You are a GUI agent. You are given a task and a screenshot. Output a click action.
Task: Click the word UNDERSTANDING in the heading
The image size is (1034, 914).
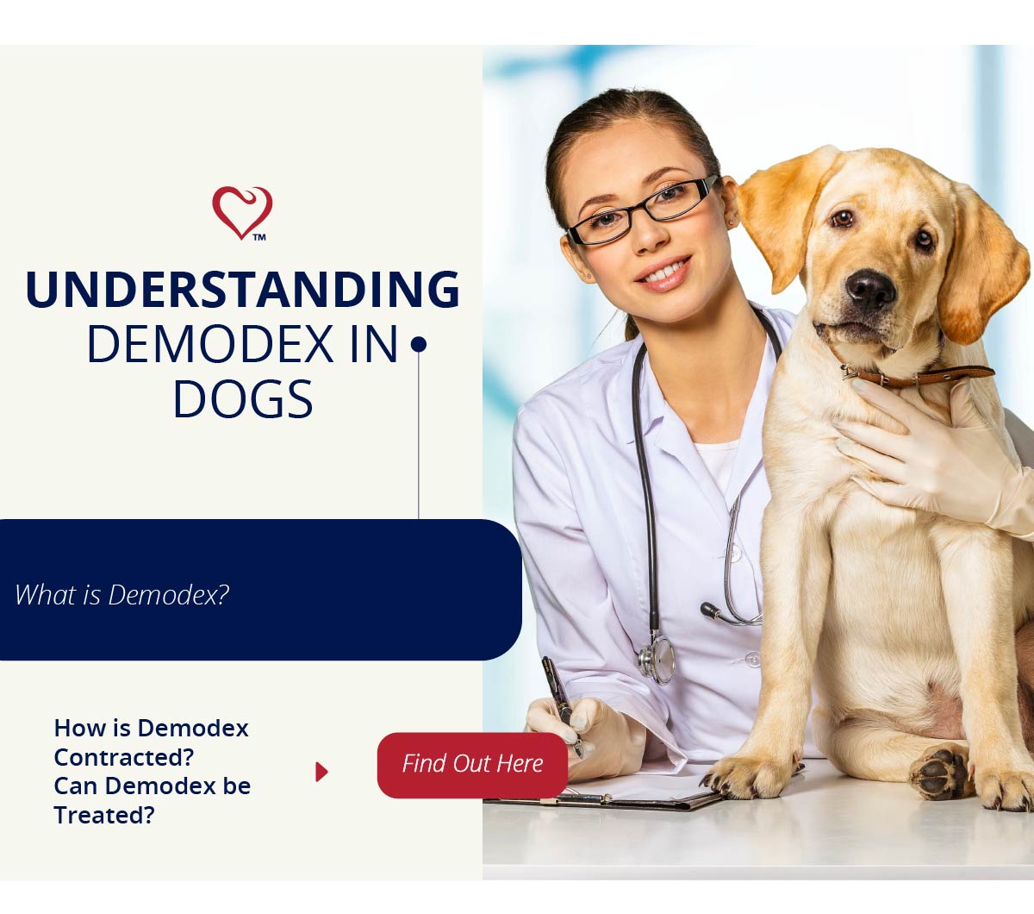click(243, 290)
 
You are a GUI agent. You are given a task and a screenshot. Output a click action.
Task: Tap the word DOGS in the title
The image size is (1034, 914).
click(243, 399)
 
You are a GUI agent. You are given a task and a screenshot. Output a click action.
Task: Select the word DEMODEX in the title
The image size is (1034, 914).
click(210, 344)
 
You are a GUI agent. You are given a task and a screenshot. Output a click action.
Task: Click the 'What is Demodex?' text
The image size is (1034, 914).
click(122, 595)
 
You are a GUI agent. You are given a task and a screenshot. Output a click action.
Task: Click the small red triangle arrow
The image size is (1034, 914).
click(321, 772)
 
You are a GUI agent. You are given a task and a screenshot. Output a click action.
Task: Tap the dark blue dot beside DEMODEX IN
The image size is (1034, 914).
click(419, 344)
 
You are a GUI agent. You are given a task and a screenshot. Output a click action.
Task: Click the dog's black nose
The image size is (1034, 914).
click(870, 289)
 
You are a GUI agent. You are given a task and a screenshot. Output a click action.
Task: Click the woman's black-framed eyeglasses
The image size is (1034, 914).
click(643, 210)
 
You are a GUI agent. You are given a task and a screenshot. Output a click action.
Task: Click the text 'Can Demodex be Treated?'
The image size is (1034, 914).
click(153, 800)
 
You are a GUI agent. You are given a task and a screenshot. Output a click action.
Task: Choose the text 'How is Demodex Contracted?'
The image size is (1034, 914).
click(151, 742)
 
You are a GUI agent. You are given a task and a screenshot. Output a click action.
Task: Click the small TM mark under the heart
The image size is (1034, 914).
click(259, 237)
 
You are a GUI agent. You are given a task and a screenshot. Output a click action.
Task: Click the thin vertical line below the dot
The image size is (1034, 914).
click(419, 435)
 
